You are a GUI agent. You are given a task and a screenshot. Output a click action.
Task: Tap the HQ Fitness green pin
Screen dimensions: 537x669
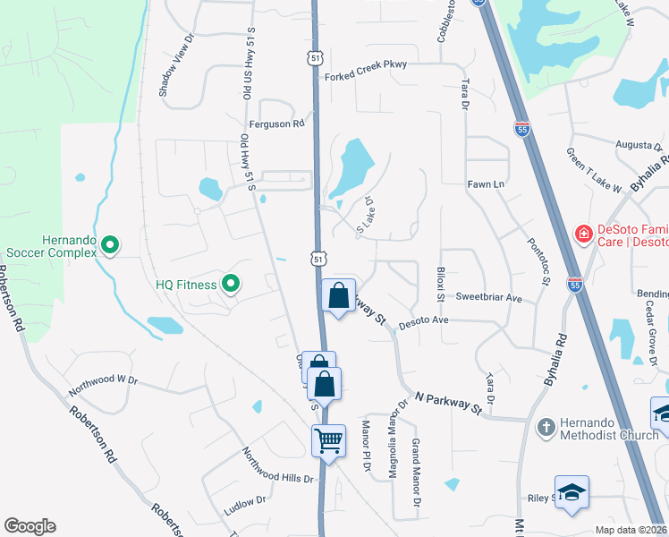pos(231,285)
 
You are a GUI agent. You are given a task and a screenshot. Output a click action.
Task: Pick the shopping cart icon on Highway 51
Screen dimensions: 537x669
pos(328,441)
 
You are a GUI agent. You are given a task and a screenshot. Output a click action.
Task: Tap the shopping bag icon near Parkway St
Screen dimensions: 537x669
pos(338,296)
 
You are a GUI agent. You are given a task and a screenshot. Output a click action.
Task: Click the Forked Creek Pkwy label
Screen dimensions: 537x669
pos(365,77)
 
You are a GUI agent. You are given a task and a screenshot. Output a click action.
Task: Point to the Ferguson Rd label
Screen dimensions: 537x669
pos(277,124)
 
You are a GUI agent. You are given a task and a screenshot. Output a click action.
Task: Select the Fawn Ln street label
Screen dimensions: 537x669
pos(487,184)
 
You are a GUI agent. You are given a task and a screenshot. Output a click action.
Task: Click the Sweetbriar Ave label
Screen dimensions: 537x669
pos(488,297)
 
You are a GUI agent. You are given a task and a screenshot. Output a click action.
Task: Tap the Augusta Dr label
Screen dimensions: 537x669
pos(639,144)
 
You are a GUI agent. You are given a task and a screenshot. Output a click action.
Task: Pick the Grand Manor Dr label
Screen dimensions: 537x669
pos(416,473)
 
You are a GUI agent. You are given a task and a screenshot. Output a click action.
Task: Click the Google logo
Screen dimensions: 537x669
pos(30,526)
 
